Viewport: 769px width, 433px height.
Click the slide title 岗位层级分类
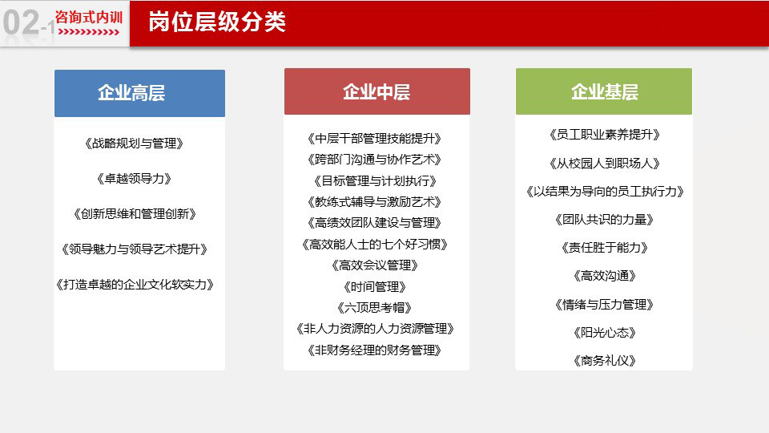[x=217, y=22]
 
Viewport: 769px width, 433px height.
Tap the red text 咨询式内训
[x=89, y=17]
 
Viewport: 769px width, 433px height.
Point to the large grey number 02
[x=21, y=22]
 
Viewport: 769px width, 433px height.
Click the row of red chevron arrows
[x=88, y=32]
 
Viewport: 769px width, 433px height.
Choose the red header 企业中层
[x=376, y=91]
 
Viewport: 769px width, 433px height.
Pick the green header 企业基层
[x=604, y=91]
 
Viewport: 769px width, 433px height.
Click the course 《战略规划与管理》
[x=134, y=144]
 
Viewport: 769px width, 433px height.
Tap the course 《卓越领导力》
[x=134, y=179]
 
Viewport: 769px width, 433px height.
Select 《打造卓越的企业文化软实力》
[x=135, y=285]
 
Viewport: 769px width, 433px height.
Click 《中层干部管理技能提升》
[x=374, y=139]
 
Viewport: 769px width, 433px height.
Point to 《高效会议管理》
[x=375, y=265]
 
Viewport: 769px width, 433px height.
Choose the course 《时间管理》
[x=375, y=287]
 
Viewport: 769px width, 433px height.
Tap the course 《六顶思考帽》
[x=374, y=308]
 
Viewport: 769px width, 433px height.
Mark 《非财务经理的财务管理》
[x=374, y=350]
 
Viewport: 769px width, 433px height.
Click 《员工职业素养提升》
[x=604, y=135]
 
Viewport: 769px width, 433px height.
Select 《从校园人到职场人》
[x=604, y=163]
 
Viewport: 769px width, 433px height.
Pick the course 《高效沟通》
[x=604, y=276]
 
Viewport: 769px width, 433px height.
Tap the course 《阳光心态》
[x=604, y=333]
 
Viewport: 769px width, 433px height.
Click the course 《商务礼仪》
[x=604, y=361]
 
